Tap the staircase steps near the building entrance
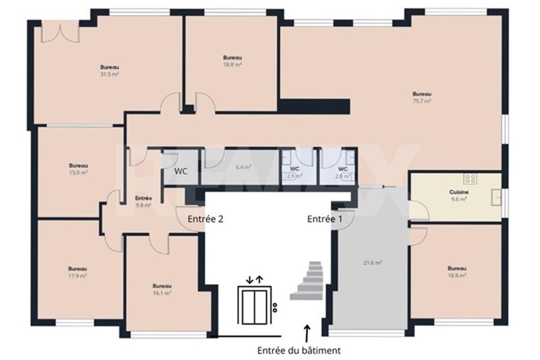[308, 281]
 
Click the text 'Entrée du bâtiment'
[299, 350]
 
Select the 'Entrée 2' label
[205, 219]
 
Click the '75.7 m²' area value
[422, 100]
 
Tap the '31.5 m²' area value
[109, 74]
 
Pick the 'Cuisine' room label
[458, 192]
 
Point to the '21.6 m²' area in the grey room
[373, 262]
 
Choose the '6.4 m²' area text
[244, 167]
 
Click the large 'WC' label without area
[181, 172]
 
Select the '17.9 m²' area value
[78, 275]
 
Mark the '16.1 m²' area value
[162, 293]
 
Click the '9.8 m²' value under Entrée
[143, 205]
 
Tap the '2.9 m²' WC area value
[294, 175]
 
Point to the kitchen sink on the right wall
[496, 198]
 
